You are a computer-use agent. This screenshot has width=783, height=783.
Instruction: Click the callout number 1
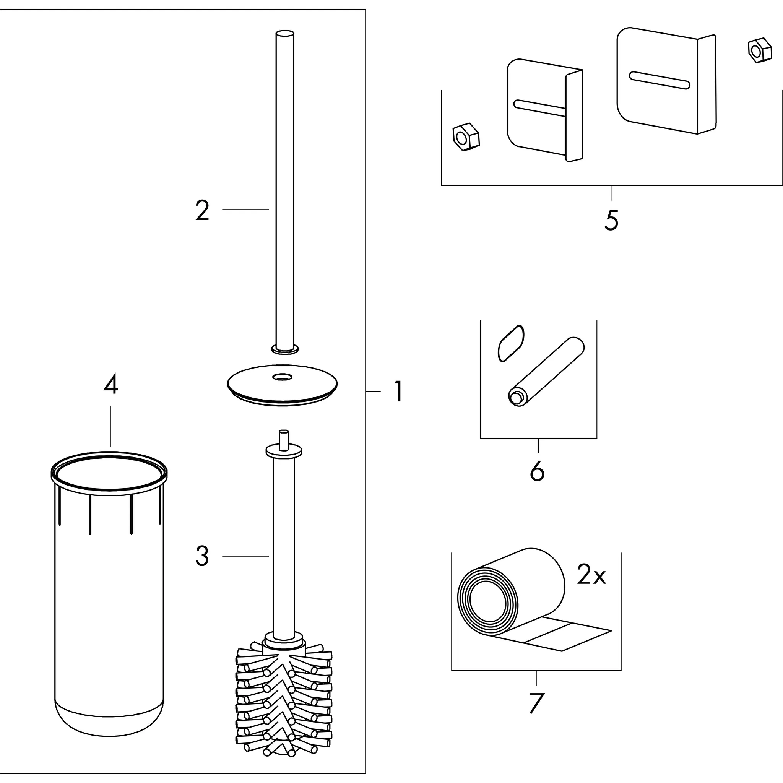pyautogui.click(x=399, y=391)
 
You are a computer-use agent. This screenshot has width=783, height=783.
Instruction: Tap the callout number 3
pyautogui.click(x=202, y=556)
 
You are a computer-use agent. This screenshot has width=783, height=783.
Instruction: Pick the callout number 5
pyautogui.click(x=611, y=221)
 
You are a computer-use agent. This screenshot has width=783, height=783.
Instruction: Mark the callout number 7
pyautogui.click(x=536, y=703)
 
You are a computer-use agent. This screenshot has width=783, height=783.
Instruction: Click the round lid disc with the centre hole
pyautogui.click(x=283, y=385)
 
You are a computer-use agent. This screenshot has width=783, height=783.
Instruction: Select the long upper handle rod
pyautogui.click(x=284, y=182)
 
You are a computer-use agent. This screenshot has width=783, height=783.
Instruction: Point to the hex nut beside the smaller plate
pyautogui.click(x=465, y=137)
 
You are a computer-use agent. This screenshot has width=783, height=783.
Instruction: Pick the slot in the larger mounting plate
pyautogui.click(x=659, y=80)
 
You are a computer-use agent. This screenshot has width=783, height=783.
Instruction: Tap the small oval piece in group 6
pyautogui.click(x=510, y=343)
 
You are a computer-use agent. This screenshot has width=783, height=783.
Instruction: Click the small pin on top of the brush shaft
pyautogui.click(x=284, y=439)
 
